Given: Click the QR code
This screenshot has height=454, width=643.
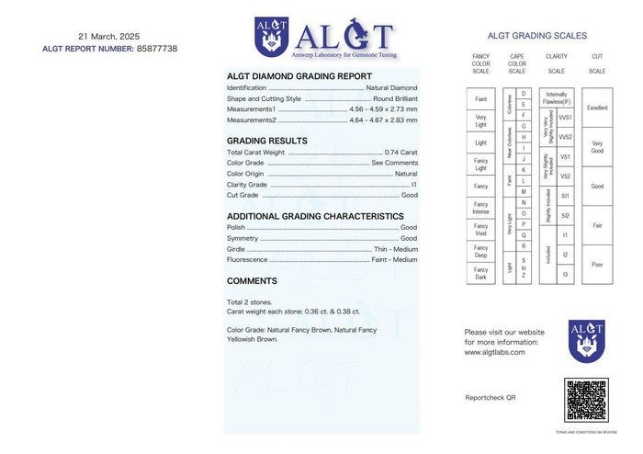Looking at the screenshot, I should point(586,400).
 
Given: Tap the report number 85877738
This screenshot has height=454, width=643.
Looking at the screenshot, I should point(156,48).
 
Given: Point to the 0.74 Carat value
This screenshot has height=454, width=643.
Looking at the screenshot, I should point(401,152).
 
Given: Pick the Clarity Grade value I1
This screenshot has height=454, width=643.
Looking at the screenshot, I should point(413,184).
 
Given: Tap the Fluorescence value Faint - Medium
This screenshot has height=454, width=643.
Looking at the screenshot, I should point(394,259).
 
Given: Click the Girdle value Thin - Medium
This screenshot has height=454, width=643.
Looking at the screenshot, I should point(396,248).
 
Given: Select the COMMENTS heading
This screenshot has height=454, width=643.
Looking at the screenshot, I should point(252,281).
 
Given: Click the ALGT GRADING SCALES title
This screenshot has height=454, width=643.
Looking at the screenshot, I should point(536,36).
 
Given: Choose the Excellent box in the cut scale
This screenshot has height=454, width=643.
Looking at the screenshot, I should point(597,108).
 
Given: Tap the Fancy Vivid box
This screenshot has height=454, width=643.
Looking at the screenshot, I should point(480,230).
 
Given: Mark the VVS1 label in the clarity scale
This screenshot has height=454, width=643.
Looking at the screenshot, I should point(566,118).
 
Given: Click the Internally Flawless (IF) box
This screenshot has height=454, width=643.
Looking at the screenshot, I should point(557,97).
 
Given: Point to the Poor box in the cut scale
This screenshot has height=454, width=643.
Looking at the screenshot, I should point(597,265).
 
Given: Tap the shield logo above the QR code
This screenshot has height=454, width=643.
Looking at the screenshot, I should point(586,341).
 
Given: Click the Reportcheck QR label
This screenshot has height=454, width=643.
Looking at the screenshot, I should point(491,397).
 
